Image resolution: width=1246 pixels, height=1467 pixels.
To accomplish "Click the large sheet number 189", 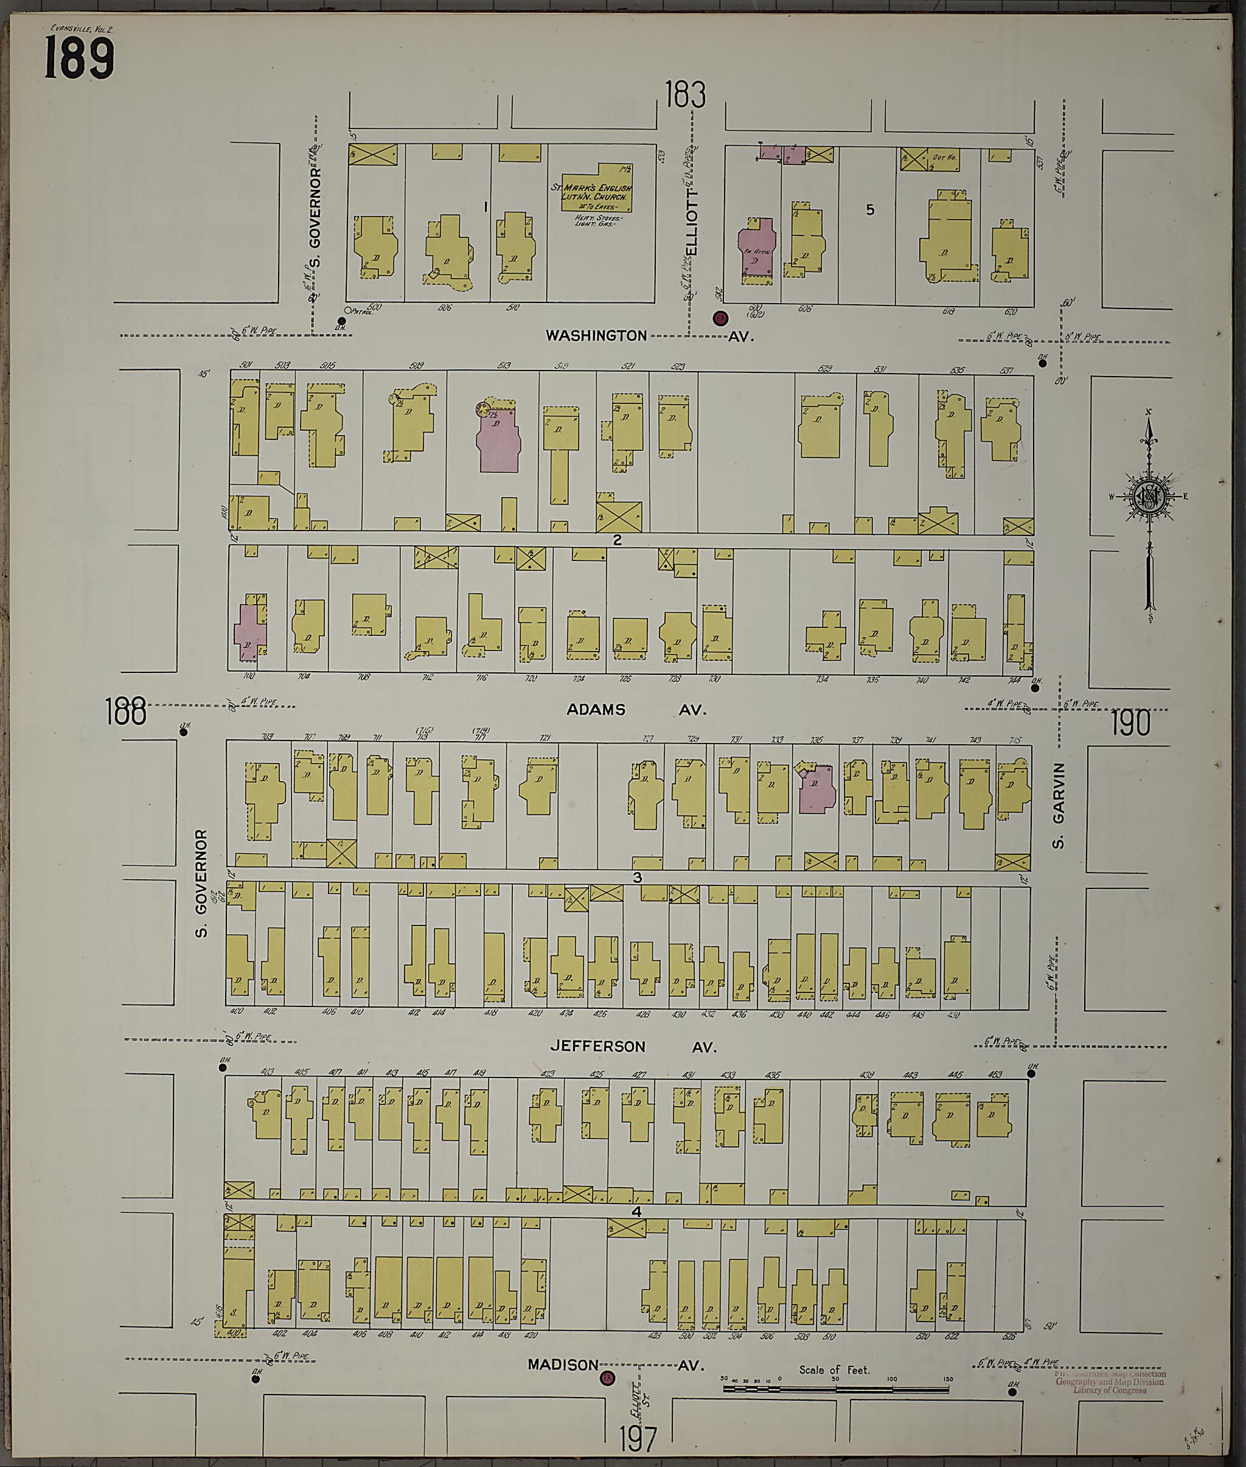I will point(78,60).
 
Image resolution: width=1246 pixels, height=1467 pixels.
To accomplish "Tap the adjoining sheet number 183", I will point(684,96).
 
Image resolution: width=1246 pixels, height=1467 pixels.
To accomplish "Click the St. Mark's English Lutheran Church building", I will point(597,193).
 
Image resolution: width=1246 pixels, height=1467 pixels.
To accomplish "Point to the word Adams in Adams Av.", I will point(596,709).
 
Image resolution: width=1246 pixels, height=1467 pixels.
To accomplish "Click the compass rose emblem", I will point(1149,497).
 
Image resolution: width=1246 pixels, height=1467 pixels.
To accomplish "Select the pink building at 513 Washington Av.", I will point(499,439).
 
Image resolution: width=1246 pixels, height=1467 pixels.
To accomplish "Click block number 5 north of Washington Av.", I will point(869,210).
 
